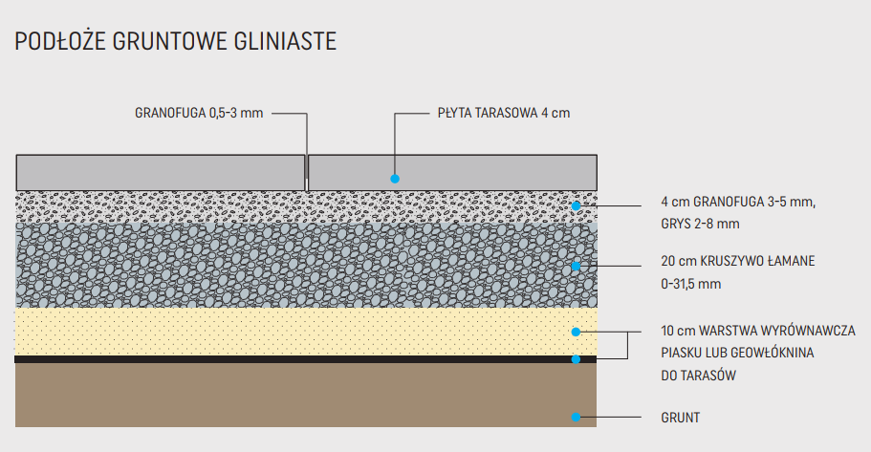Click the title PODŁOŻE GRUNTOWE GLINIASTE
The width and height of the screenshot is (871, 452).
(175, 42)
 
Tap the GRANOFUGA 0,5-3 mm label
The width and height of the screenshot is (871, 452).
(198, 113)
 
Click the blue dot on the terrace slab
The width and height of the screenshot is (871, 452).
(394, 179)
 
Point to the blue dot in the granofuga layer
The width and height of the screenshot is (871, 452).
(576, 205)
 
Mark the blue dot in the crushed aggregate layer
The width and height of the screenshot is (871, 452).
(576, 266)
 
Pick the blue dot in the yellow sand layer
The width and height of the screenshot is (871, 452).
(576, 332)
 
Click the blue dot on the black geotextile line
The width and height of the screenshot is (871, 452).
(576, 359)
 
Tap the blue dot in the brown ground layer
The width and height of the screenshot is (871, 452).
(576, 418)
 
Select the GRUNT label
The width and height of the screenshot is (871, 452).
(680, 418)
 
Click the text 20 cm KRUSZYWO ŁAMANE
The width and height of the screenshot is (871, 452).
(737, 261)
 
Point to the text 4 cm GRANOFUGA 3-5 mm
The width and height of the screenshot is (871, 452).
(738, 202)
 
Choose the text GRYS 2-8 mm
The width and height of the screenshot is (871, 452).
(700, 225)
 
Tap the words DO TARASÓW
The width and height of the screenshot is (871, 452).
(698, 377)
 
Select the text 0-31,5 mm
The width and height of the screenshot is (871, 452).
(690, 284)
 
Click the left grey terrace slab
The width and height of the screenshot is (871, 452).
(160, 172)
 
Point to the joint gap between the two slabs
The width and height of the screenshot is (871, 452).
(306, 172)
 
